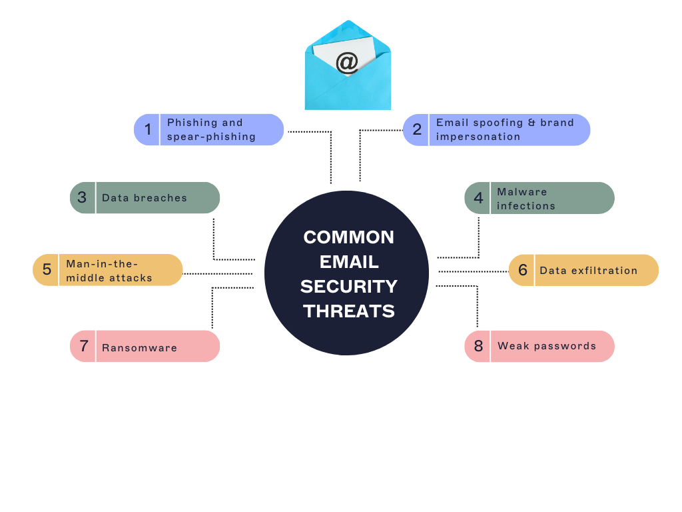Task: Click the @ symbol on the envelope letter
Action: [346, 63]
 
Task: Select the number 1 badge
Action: [148, 129]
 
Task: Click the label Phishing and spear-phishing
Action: [211, 129]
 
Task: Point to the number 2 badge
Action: [417, 129]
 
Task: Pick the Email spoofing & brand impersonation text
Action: [505, 129]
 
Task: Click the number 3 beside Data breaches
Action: [82, 197]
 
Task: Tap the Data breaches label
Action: [145, 198]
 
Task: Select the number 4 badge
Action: [478, 198]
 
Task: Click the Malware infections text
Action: [526, 199]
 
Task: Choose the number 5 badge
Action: [47, 270]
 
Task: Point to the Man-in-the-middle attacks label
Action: [109, 271]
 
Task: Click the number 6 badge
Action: [523, 270]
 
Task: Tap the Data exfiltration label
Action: [589, 271]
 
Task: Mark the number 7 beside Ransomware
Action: [84, 346]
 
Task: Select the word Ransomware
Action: [139, 347]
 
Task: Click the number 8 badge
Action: [478, 346]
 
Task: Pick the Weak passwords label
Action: [547, 346]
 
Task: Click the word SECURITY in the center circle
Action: [348, 287]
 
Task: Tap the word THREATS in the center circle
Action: [348, 311]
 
